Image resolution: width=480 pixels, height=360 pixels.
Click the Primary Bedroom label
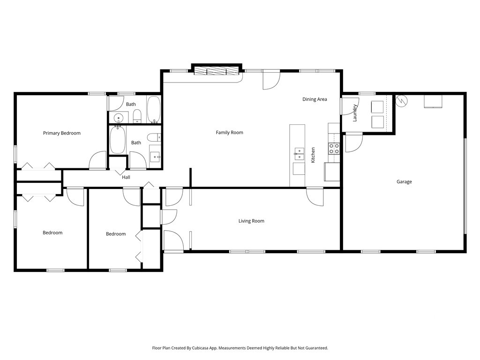(61, 133)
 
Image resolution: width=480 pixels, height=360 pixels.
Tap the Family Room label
(229, 133)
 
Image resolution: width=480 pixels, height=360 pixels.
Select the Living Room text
(251, 221)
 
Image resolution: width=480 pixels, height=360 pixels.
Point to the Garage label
(404, 182)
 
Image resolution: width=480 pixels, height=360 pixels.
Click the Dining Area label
(315, 99)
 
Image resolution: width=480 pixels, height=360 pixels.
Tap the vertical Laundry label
(355, 113)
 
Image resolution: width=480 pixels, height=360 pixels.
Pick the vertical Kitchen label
(313, 155)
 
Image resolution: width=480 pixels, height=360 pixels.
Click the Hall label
(126, 177)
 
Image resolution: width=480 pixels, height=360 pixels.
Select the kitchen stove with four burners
(334, 149)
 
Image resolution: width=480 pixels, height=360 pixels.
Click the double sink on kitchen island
(299, 154)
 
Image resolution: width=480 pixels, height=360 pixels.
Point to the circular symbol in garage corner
(401, 101)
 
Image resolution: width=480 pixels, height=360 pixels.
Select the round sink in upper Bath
(118, 117)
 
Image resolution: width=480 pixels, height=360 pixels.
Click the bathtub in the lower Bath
(118, 140)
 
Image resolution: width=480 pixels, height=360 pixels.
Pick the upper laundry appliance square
(377, 107)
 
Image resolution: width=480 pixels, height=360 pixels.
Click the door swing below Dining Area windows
(271, 80)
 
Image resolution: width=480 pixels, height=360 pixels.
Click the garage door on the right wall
(465, 186)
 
